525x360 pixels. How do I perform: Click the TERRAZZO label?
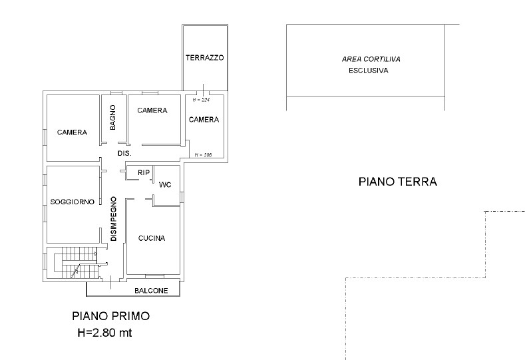(204, 58)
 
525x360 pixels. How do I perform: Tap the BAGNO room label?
(113, 117)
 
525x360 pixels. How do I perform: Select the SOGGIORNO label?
(73, 202)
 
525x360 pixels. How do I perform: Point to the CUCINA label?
(152, 238)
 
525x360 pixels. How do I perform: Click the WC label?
(165, 184)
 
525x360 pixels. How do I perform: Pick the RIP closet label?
(144, 173)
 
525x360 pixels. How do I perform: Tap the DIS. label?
(124, 153)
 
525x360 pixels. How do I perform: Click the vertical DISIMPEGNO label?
(114, 219)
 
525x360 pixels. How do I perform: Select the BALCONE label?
(151, 291)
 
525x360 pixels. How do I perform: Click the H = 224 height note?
(201, 100)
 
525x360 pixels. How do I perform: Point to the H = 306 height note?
(203, 155)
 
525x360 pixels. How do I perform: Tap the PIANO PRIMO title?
(111, 316)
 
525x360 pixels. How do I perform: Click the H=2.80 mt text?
(104, 333)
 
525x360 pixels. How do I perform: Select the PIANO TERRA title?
(398, 182)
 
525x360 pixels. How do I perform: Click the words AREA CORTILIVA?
(371, 59)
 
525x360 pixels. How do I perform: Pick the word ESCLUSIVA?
(369, 71)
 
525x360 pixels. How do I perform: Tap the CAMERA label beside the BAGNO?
(152, 110)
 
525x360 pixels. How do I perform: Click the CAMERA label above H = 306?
(204, 120)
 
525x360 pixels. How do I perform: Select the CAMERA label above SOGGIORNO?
(72, 132)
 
